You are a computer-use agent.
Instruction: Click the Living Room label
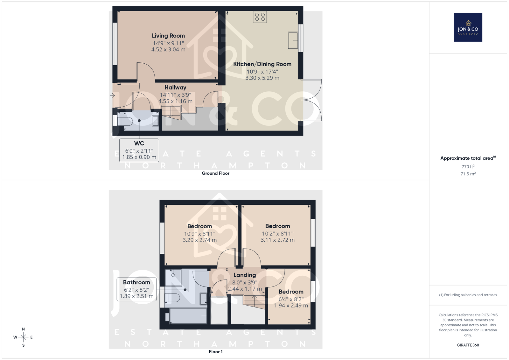click(x=168, y=36)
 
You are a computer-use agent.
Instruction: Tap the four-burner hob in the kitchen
click(x=260, y=17)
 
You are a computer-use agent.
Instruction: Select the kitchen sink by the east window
click(x=293, y=40)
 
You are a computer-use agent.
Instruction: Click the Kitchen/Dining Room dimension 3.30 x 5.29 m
click(x=262, y=78)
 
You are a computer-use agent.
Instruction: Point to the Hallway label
click(x=175, y=88)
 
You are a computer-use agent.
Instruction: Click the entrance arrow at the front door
click(x=112, y=95)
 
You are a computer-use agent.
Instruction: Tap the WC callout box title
click(x=139, y=144)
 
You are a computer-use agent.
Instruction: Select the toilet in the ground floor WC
click(x=125, y=121)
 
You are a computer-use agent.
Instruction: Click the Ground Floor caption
click(x=215, y=173)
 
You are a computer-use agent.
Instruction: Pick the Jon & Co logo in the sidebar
click(x=468, y=27)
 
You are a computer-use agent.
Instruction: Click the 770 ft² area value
click(x=468, y=166)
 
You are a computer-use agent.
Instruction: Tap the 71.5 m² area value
click(x=468, y=174)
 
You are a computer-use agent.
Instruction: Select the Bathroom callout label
click(x=136, y=282)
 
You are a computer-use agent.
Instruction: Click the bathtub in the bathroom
click(x=188, y=316)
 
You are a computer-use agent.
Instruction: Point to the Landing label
click(x=245, y=275)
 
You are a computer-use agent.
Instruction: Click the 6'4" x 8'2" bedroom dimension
click(x=291, y=300)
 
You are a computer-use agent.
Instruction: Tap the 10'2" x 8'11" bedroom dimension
click(x=278, y=234)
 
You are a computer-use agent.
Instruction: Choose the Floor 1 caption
click(x=216, y=352)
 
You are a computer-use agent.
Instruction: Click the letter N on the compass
click(x=24, y=329)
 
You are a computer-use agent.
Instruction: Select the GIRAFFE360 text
click(x=468, y=345)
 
